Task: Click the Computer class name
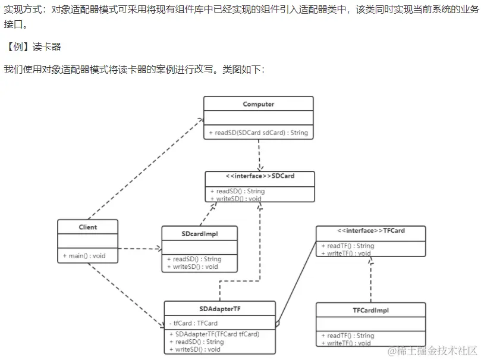point(258,104)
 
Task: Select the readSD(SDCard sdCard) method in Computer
point(258,133)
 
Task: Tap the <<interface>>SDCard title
point(260,176)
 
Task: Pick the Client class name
point(87,227)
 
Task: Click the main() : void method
point(84,256)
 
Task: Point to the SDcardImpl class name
point(199,234)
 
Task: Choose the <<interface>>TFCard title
point(370,230)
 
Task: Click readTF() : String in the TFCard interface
point(347,246)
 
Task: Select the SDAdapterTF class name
point(219,309)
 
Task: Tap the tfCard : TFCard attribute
point(193,323)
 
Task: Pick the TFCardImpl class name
point(370,310)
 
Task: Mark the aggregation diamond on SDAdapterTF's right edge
point(278,324)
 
